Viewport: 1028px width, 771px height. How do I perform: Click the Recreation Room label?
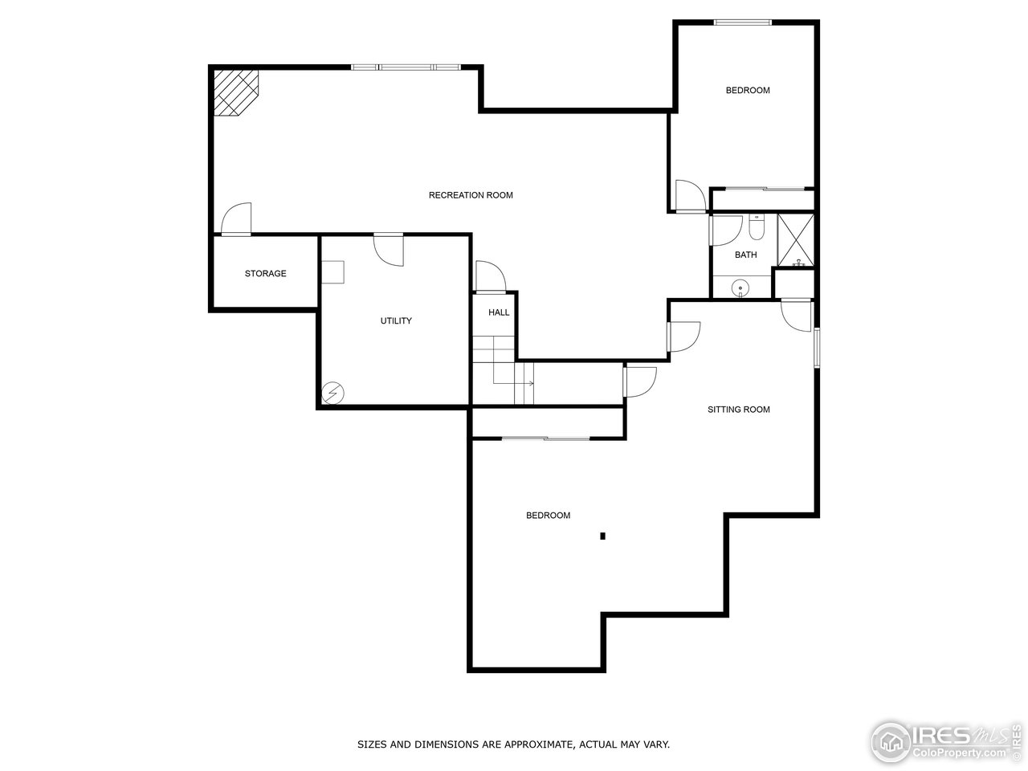(471, 195)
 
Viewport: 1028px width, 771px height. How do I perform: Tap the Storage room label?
(265, 274)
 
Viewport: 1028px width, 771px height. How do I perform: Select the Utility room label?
(396, 321)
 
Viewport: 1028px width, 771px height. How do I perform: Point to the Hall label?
(499, 312)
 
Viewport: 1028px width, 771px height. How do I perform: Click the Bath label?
(745, 255)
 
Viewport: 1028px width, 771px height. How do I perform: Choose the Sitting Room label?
(738, 410)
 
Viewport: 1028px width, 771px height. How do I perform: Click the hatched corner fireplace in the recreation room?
(235, 91)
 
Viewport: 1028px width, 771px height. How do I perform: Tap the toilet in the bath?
(756, 229)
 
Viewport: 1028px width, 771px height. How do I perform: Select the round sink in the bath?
(740, 287)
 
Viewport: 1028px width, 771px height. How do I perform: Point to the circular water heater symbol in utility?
(332, 394)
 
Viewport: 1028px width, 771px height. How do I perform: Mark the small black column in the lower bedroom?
(602, 536)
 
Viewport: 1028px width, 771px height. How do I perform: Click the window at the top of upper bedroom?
(744, 22)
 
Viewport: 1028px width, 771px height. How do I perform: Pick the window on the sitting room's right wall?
(817, 347)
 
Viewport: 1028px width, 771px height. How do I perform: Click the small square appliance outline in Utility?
(332, 271)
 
